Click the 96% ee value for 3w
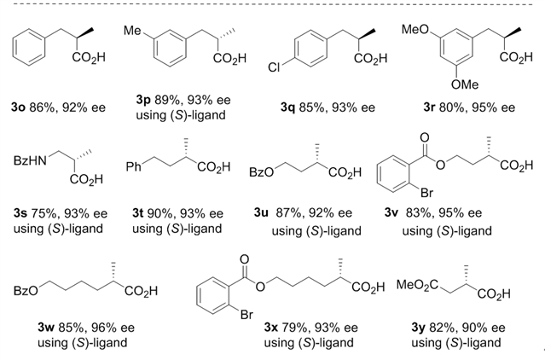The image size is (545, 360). click(100, 326)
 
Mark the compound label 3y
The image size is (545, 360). click(408, 328)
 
